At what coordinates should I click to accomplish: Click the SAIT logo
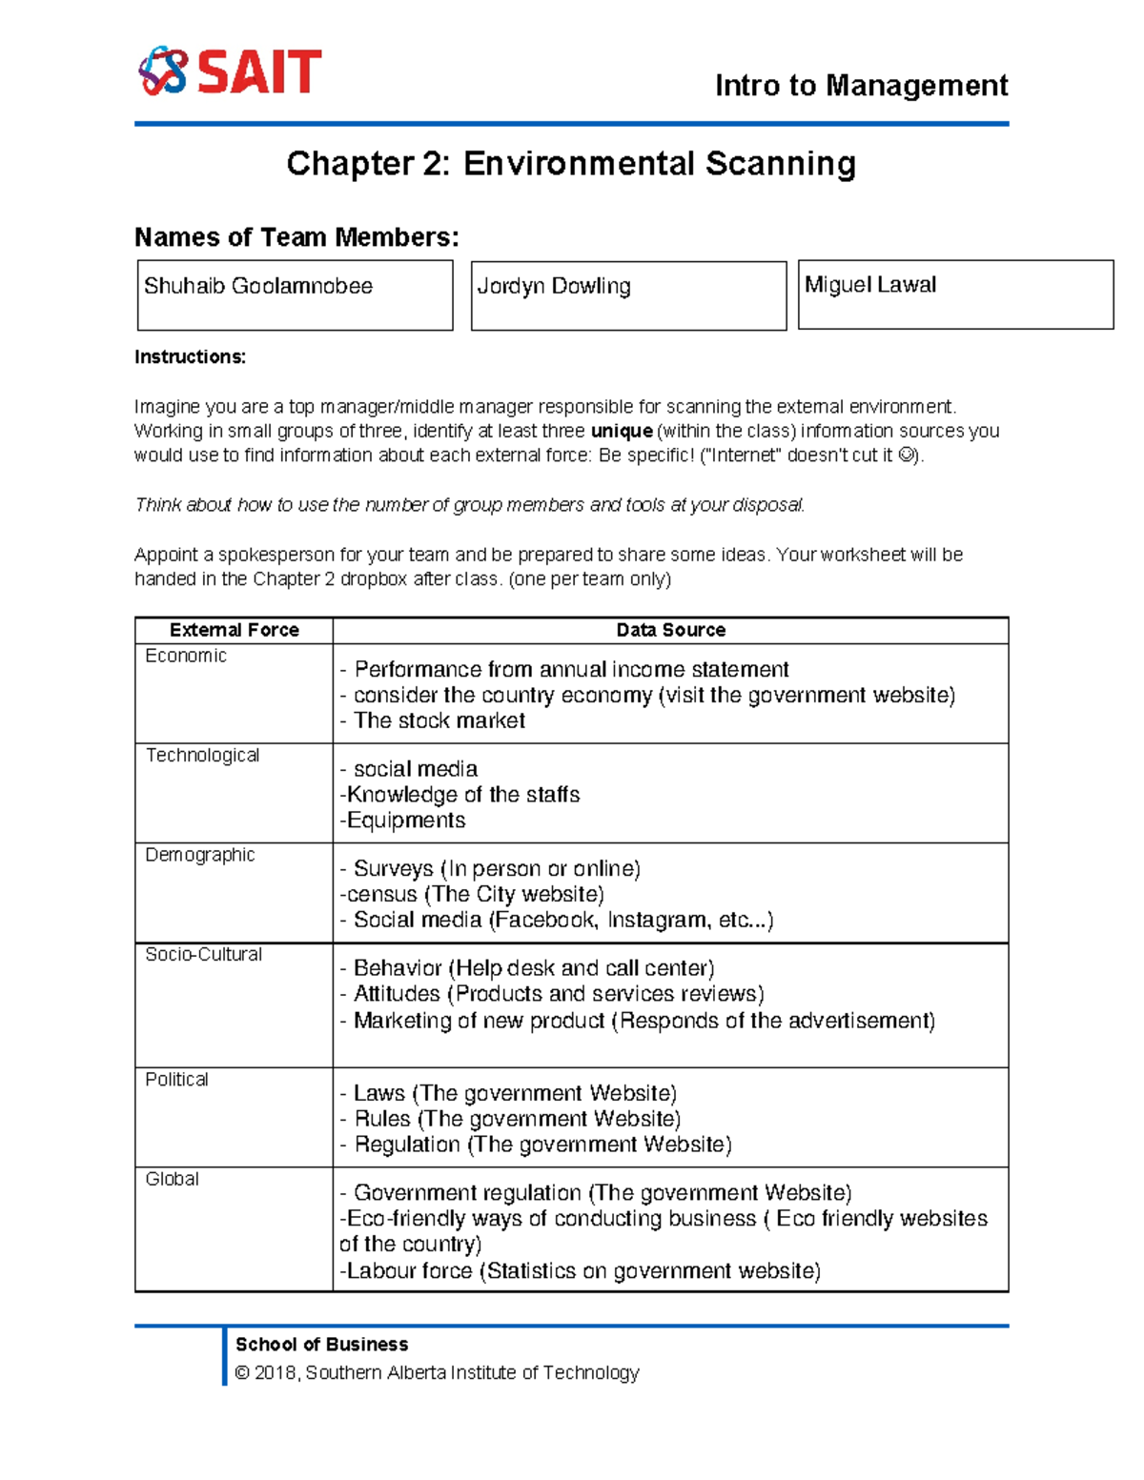tap(230, 71)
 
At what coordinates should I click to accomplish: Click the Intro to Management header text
tap(861, 86)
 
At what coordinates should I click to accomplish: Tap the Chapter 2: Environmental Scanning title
tap(571, 164)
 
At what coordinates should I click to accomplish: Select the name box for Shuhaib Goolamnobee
tap(295, 295)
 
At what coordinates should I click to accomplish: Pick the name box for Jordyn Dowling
tap(628, 295)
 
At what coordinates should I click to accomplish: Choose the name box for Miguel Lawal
tap(955, 294)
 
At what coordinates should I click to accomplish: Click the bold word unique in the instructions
tap(622, 431)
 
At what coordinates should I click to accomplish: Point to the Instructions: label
tap(190, 357)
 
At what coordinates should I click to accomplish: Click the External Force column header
tap(234, 630)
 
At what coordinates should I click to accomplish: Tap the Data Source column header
tap(670, 630)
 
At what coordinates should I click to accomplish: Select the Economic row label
tap(186, 656)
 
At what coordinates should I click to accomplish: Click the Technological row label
tap(202, 755)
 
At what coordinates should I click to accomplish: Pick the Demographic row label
tap(199, 855)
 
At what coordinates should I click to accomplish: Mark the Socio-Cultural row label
tap(203, 954)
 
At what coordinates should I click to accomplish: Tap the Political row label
tap(176, 1079)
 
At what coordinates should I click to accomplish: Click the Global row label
tap(172, 1179)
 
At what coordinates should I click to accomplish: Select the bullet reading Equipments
tap(405, 821)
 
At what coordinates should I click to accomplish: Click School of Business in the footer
tap(321, 1345)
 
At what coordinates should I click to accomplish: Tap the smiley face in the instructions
tap(906, 456)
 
